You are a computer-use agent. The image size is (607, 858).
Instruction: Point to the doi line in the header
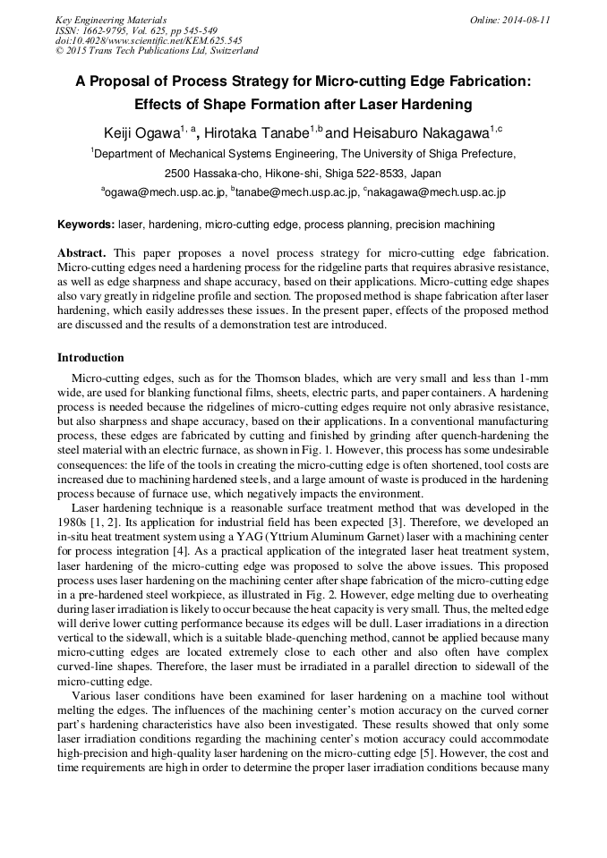[x=149, y=40]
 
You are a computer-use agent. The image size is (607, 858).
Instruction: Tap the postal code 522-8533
[x=368, y=173]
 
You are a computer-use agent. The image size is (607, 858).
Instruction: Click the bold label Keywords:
[x=86, y=225]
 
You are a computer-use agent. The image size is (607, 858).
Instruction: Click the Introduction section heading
[x=91, y=358]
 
